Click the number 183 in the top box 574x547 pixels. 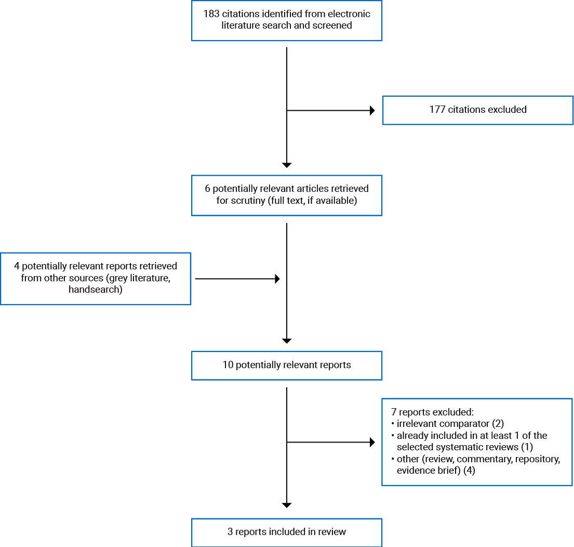tap(212, 14)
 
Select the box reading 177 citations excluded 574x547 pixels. tap(478, 110)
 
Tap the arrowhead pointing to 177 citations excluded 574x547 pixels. tap(372, 110)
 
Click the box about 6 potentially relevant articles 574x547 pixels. tap(287, 194)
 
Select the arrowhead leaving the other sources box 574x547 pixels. tap(277, 279)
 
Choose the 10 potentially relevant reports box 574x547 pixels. tap(287, 365)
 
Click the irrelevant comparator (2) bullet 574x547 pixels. tap(450, 423)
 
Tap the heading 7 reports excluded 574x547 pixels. tap(432, 412)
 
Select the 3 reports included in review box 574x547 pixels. tap(287, 532)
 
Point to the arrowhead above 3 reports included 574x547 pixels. tap(287, 505)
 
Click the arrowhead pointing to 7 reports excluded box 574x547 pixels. tap(372, 442)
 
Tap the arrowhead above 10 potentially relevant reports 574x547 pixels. tap(287, 341)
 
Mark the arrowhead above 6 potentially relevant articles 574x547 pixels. tap(287, 165)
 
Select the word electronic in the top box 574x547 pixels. tap(349, 14)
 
